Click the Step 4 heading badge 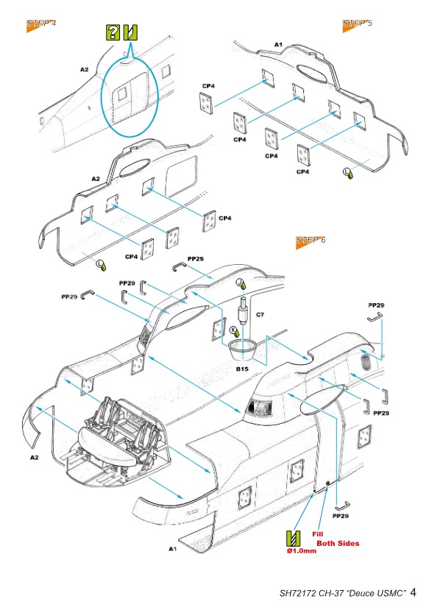[x=40, y=24]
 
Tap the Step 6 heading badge [x=311, y=241]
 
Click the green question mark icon [x=113, y=32]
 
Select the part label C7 [x=260, y=315]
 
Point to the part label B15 [x=242, y=369]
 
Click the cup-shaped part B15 [x=243, y=349]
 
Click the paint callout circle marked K [x=234, y=330]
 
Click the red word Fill [x=317, y=534]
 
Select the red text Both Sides [x=338, y=543]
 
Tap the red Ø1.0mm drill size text [x=302, y=551]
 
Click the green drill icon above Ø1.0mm [x=293, y=539]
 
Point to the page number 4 [x=413, y=592]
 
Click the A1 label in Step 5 [x=278, y=45]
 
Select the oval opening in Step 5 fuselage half [x=311, y=72]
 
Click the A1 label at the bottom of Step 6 [x=173, y=549]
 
